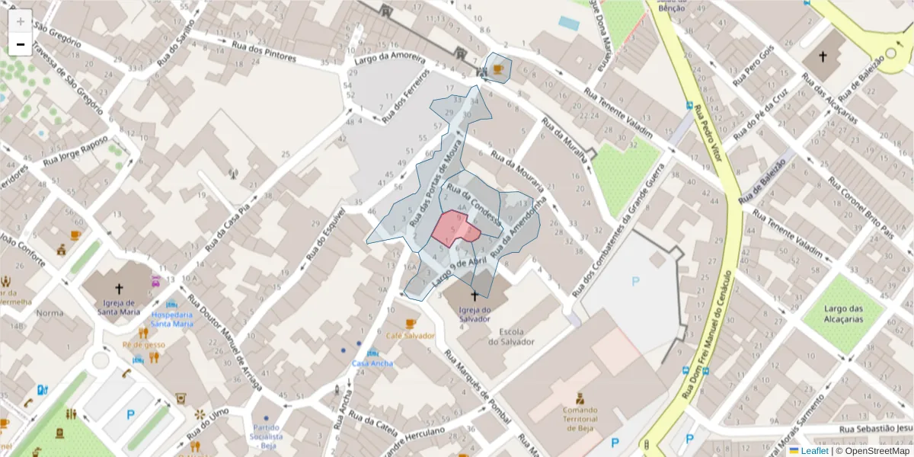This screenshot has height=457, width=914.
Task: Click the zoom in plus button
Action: click(x=21, y=21)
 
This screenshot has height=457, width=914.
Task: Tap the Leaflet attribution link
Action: click(x=814, y=451)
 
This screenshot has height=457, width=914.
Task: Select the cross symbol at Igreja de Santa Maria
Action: click(x=119, y=289)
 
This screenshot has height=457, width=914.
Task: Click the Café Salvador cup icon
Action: click(x=411, y=323)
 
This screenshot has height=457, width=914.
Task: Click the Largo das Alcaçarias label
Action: click(x=854, y=314)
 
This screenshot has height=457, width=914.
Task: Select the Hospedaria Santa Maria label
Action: click(x=171, y=318)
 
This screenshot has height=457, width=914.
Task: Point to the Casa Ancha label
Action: click(x=372, y=363)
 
